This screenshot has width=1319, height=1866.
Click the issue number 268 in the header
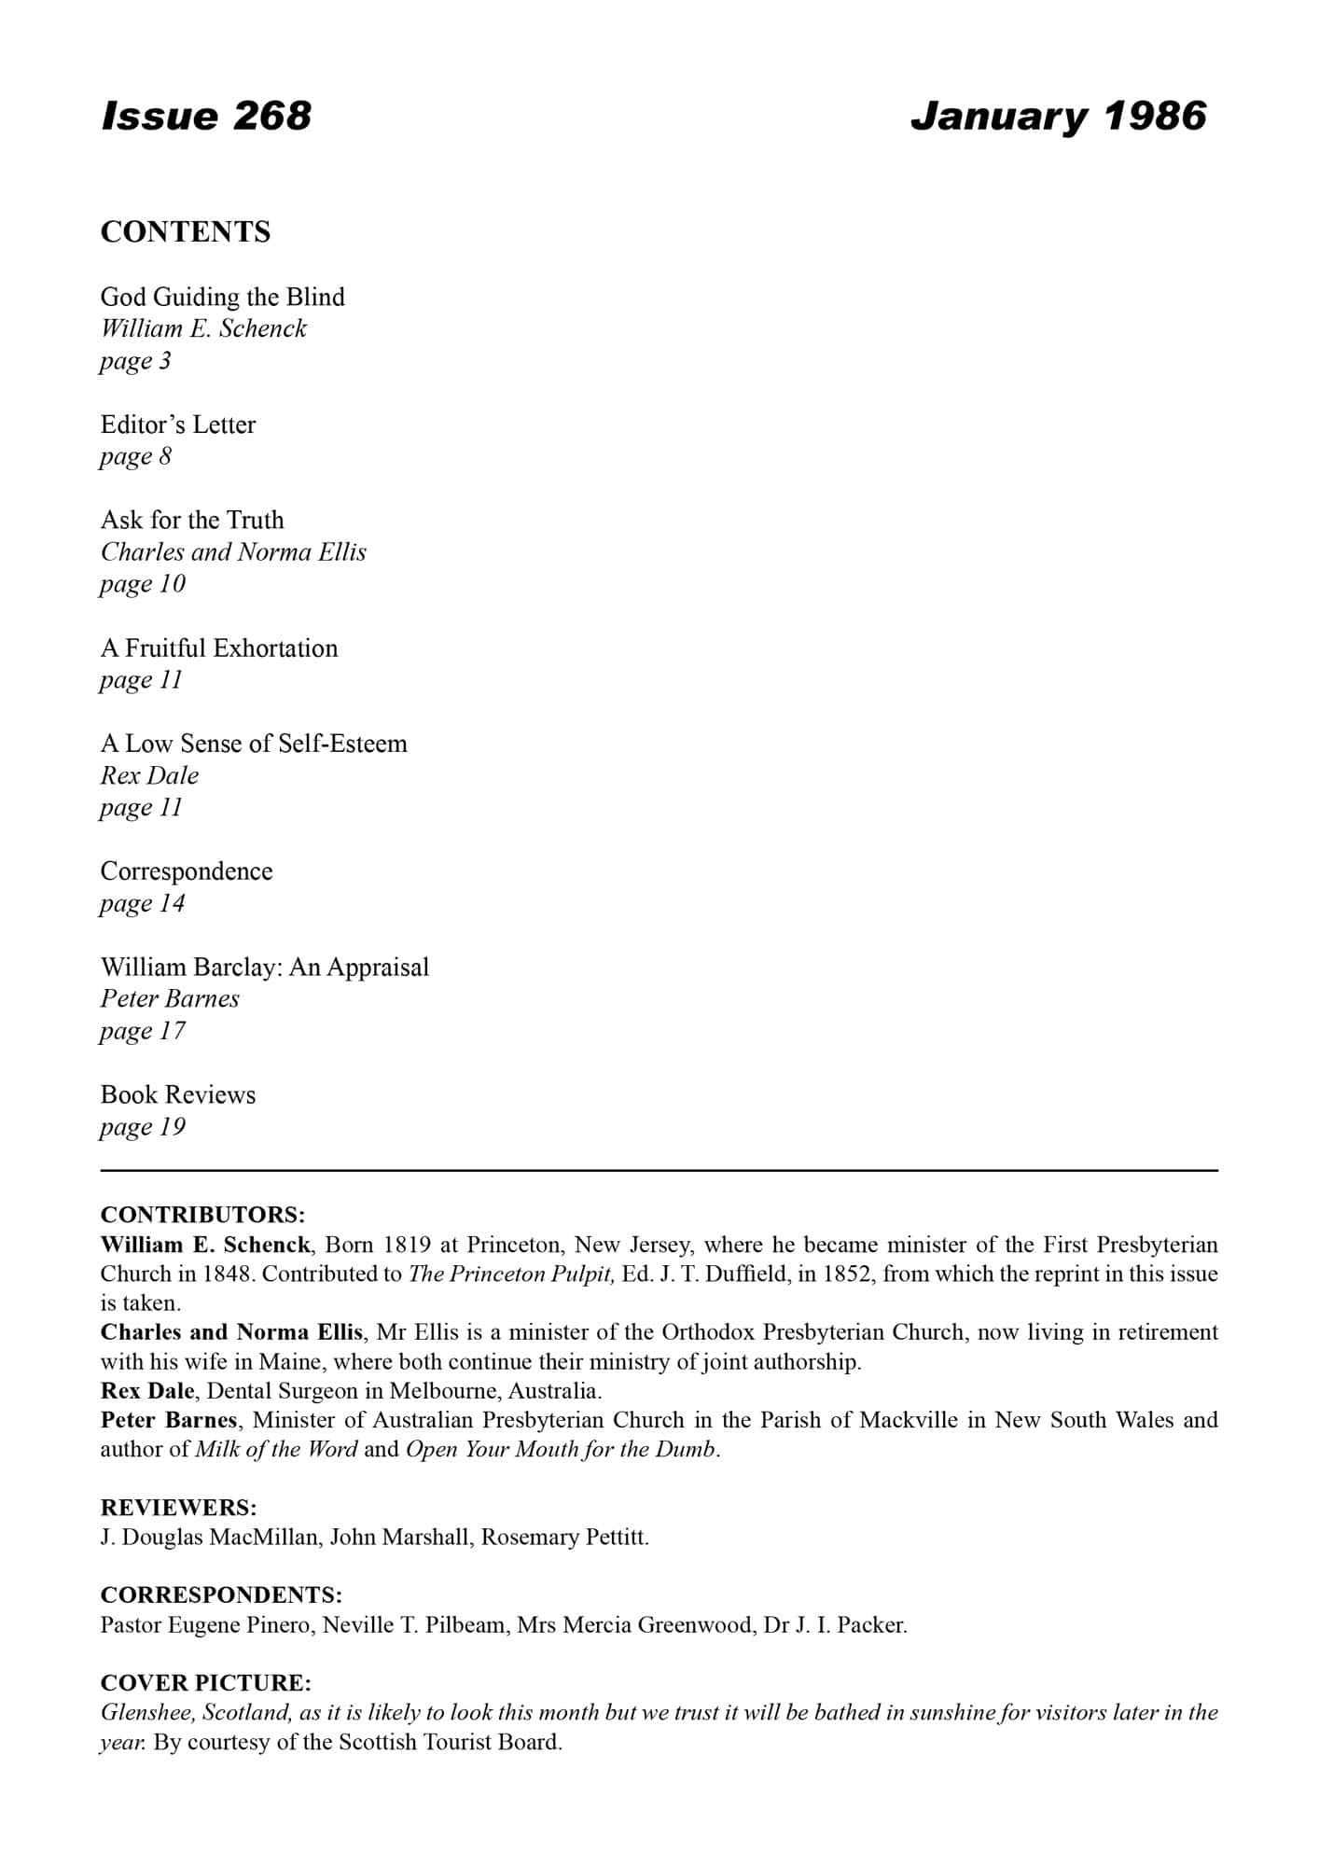tap(271, 116)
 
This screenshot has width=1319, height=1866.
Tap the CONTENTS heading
tap(186, 231)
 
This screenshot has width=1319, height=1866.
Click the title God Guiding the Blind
tap(223, 297)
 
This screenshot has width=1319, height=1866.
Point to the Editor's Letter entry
tap(178, 425)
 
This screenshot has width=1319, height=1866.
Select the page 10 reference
tap(143, 584)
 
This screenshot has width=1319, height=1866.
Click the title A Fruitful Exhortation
tap(219, 648)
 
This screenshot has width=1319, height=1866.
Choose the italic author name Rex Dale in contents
tap(149, 775)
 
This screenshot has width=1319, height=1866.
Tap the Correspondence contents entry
tap(187, 871)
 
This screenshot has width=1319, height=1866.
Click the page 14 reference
tap(143, 903)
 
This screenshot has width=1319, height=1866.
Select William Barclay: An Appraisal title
tap(265, 967)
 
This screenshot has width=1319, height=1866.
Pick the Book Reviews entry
tap(178, 1094)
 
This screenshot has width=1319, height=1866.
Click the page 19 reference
tap(143, 1127)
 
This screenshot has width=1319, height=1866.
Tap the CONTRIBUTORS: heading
tap(202, 1215)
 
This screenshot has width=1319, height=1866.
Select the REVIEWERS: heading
tap(178, 1507)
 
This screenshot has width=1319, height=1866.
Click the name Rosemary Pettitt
tap(564, 1537)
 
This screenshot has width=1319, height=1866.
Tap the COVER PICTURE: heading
tap(205, 1683)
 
